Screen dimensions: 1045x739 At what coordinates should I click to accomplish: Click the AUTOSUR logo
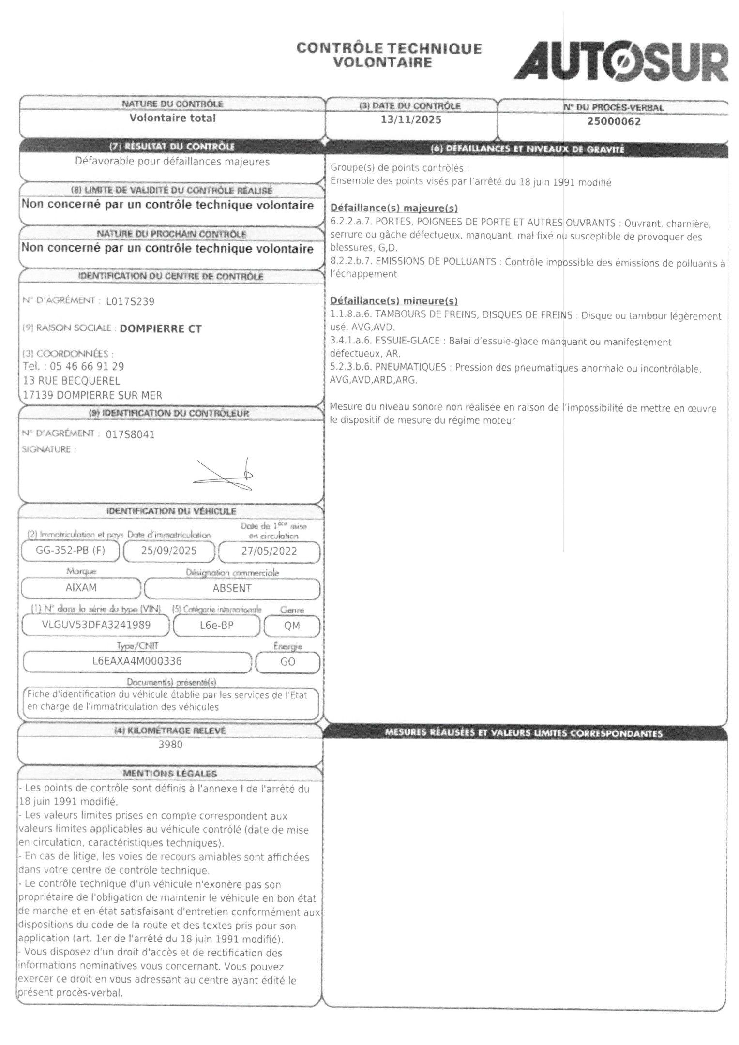[x=621, y=61]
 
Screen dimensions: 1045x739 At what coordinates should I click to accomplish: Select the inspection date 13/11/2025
[x=411, y=120]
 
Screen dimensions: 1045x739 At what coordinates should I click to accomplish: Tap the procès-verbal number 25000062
[x=614, y=121]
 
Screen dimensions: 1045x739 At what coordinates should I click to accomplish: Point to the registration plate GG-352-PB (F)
[x=71, y=551]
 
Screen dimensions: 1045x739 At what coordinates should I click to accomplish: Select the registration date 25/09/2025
[x=169, y=551]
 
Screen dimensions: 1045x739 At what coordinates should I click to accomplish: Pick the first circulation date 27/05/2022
[x=269, y=552]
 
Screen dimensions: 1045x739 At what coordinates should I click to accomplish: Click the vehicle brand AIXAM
[x=81, y=588]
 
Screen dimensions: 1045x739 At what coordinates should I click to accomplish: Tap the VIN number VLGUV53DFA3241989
[x=96, y=625]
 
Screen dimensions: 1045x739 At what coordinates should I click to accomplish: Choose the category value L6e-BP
[x=216, y=626]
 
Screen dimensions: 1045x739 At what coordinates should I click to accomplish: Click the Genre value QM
[x=292, y=626]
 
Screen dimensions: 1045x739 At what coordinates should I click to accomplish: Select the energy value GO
[x=287, y=662]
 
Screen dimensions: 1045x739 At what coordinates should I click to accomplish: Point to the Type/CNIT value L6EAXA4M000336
[x=137, y=661]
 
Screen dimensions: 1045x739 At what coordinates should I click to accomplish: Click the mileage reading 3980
[x=170, y=745]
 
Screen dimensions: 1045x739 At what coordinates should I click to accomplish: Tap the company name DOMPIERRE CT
[x=161, y=329]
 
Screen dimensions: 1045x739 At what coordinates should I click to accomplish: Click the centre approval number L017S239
[x=130, y=302]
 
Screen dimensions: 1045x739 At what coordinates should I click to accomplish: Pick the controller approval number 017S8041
[x=130, y=435]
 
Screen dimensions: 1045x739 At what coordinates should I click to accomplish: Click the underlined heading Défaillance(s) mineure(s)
[x=393, y=301]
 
